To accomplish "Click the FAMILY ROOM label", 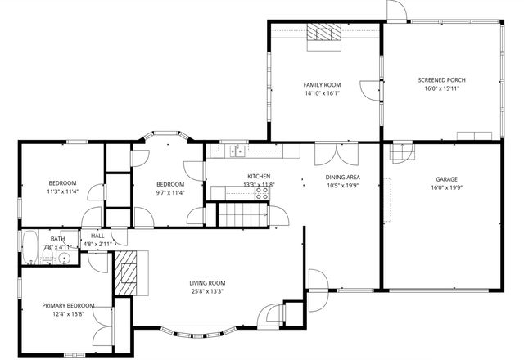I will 322,84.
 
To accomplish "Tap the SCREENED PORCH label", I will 442,79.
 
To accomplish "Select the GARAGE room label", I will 446,178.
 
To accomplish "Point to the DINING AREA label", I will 343,177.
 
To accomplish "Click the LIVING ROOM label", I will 208,282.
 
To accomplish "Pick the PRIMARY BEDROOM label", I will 69,305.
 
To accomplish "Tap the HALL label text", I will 97,236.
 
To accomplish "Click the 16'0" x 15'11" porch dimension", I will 442,88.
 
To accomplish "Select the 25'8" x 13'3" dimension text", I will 208,291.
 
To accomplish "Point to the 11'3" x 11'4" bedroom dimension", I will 62,191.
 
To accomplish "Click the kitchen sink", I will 237,150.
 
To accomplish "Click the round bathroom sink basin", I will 64,259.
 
